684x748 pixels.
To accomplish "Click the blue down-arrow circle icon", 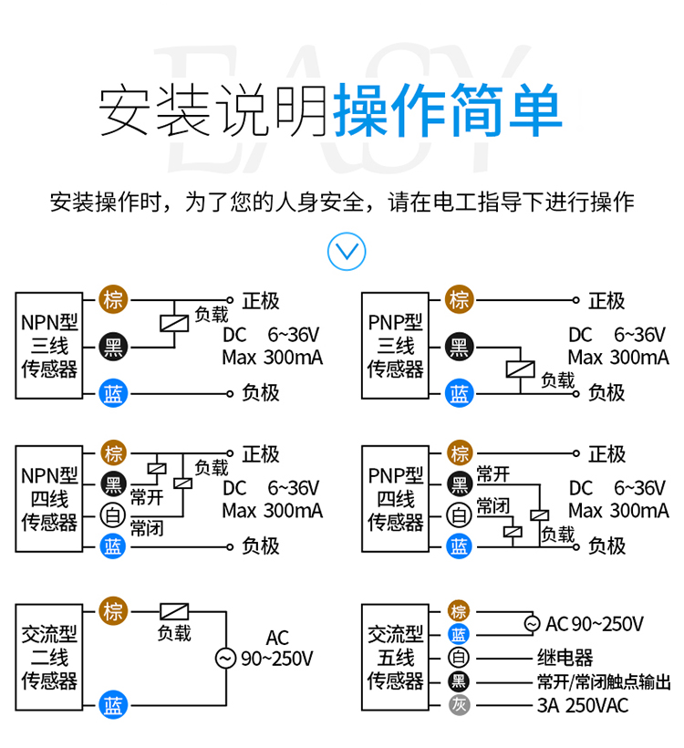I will pos(346,250).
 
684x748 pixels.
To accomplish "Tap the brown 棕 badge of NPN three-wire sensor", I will pos(113,299).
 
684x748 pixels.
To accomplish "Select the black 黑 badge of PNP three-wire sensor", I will pos(460,347).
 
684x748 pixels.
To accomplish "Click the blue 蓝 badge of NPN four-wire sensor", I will pos(113,546).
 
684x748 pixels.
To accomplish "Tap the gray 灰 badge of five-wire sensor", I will pos(460,705).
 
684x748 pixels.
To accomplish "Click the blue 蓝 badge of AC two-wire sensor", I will pos(113,705).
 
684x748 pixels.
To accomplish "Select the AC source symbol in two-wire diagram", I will pos(224,658).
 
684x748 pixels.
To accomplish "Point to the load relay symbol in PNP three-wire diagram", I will pos(519,369).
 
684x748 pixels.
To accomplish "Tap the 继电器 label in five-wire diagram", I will pos(565,658).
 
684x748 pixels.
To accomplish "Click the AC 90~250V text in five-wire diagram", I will pos(594,624).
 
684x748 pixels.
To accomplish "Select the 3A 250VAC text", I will pos(583,705).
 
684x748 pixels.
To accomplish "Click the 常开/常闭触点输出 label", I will pos(603,681).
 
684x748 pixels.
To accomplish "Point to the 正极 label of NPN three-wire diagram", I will pos(261,300).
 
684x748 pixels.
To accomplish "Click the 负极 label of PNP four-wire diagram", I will pos(606,546).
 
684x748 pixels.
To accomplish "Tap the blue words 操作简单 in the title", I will pos(448,112).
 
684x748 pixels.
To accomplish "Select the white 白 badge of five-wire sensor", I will pos(460,658).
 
